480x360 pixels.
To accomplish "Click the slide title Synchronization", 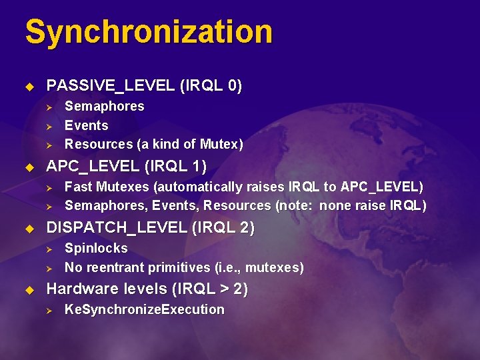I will [149, 32].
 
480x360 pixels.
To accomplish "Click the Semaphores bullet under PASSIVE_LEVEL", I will [104, 107].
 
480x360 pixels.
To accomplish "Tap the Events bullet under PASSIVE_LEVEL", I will [86, 125].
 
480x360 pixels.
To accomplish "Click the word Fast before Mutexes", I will [78, 187].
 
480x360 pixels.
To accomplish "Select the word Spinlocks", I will [96, 248].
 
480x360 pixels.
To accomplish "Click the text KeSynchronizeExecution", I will [144, 309].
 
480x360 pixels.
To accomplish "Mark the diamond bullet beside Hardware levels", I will [28, 290].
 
